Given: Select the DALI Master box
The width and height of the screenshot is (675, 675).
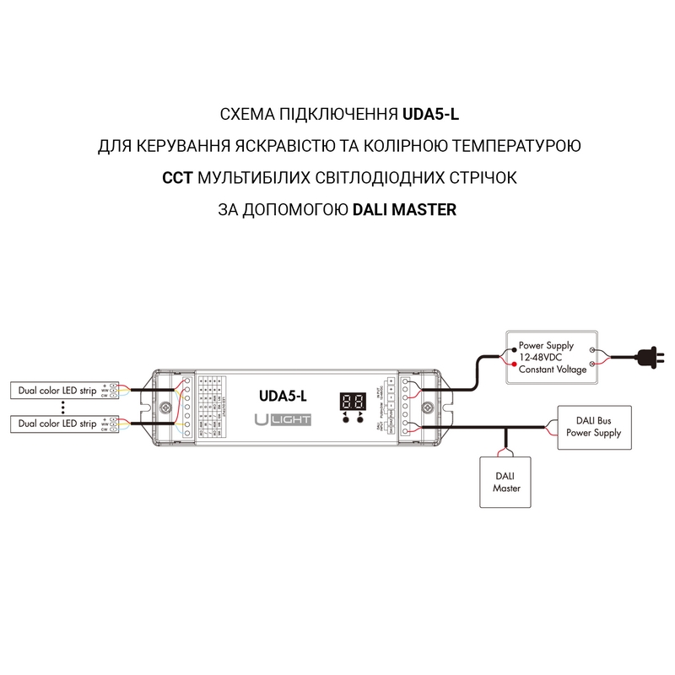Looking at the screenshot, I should pyautogui.click(x=506, y=482).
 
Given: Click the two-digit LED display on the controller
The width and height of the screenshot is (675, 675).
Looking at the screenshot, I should pyautogui.click(x=352, y=400).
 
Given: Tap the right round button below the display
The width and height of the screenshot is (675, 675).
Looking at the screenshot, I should pyautogui.click(x=360, y=419).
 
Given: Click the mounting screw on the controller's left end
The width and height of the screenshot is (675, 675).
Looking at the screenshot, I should pyautogui.click(x=166, y=408).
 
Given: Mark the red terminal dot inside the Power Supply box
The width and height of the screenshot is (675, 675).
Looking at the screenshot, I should pyautogui.click(x=515, y=363).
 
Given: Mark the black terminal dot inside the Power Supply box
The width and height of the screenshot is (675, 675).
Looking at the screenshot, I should pyautogui.click(x=515, y=347).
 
